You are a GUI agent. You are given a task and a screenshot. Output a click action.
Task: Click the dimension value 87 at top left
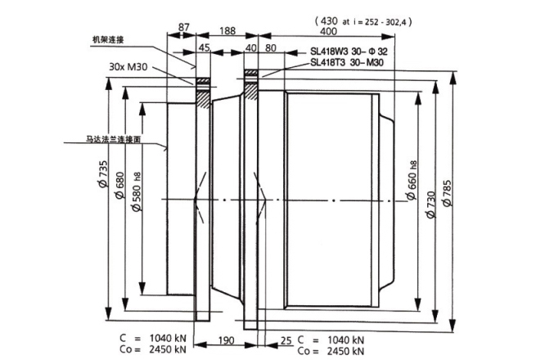tap(182, 28)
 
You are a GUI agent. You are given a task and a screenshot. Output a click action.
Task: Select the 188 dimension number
tap(228, 31)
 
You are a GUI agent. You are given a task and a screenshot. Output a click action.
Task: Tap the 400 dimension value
tap(329, 31)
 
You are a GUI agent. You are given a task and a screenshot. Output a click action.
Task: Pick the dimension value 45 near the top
tap(204, 47)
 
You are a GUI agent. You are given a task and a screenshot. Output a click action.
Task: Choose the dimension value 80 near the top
tap(271, 47)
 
